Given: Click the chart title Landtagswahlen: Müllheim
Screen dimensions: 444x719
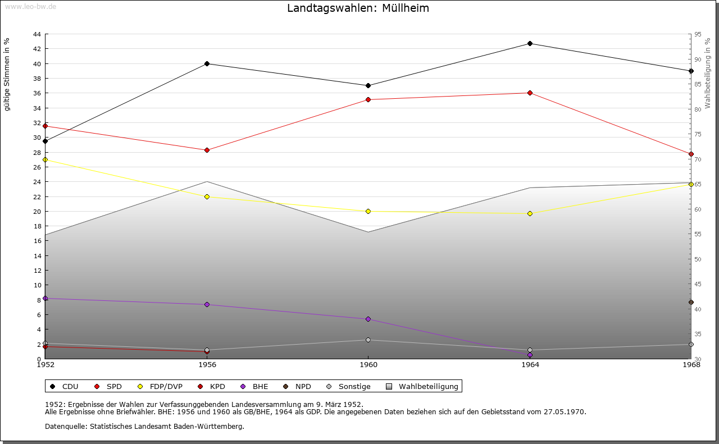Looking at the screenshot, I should tap(358, 8).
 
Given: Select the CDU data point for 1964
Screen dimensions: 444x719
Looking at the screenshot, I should tap(530, 43).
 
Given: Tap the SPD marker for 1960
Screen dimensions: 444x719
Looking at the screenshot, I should tap(368, 99).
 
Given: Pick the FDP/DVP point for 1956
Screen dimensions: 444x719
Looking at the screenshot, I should tap(207, 196).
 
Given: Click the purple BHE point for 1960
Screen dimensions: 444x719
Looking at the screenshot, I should tap(368, 319).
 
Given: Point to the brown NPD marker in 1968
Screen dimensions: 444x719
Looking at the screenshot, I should tap(691, 302).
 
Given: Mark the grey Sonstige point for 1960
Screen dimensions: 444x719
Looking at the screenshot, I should tap(368, 340).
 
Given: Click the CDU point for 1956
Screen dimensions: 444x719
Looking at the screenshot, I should tap(207, 63).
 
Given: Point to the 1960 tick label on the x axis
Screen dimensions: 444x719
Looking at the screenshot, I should tap(368, 365).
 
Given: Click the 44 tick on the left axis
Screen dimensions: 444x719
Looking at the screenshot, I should tap(37, 34).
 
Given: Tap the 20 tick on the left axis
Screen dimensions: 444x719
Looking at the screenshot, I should tap(37, 212).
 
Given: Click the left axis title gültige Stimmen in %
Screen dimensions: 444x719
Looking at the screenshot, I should tap(7, 74).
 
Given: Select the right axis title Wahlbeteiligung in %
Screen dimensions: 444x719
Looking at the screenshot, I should tap(708, 74).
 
